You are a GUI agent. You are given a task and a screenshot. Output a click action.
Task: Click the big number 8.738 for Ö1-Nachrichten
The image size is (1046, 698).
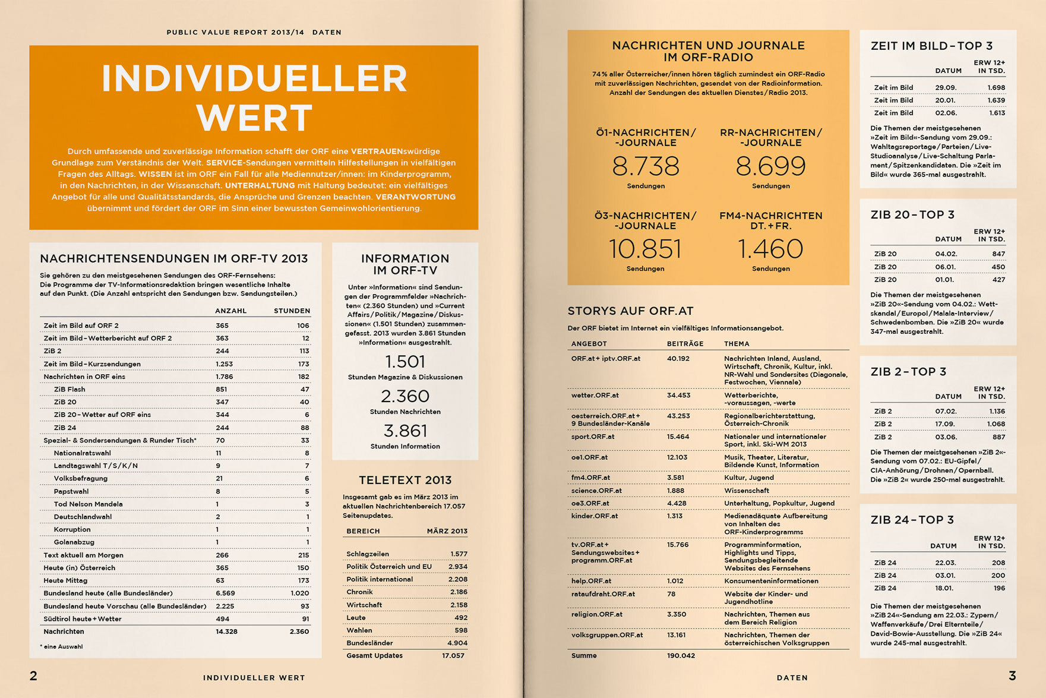coord(646,166)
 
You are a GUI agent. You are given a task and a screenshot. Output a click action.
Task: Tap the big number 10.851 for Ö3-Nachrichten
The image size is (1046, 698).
coord(645,249)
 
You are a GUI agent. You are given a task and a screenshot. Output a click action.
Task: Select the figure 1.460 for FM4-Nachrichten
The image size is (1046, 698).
coord(770,249)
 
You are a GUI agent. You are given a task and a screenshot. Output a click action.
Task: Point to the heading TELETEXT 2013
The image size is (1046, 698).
coord(405,480)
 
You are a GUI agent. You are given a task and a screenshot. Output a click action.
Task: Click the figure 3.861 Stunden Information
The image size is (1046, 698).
coord(405,431)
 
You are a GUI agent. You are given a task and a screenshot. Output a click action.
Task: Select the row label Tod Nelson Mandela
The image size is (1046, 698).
coord(88,504)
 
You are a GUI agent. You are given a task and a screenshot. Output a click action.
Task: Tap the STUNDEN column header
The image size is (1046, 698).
coord(292,311)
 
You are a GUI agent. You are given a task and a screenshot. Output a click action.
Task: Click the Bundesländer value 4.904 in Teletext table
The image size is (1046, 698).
coord(457,643)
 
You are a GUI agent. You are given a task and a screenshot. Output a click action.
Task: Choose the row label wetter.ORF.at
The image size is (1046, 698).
coord(595,396)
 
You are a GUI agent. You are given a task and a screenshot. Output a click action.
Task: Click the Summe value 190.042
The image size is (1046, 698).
coord(681,656)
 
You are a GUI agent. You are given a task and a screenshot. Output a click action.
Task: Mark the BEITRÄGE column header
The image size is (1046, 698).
coord(685,344)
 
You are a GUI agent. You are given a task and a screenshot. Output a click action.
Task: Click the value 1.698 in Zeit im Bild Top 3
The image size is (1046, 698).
coord(996,88)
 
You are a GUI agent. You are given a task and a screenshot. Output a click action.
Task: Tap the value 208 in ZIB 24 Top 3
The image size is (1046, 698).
coord(998,563)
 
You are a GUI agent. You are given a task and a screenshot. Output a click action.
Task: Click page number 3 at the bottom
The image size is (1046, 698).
coord(1012,675)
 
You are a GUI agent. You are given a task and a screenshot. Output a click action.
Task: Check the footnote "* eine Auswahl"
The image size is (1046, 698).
coord(62,647)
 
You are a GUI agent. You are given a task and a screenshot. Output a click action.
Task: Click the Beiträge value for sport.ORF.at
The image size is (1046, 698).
coord(678,437)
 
